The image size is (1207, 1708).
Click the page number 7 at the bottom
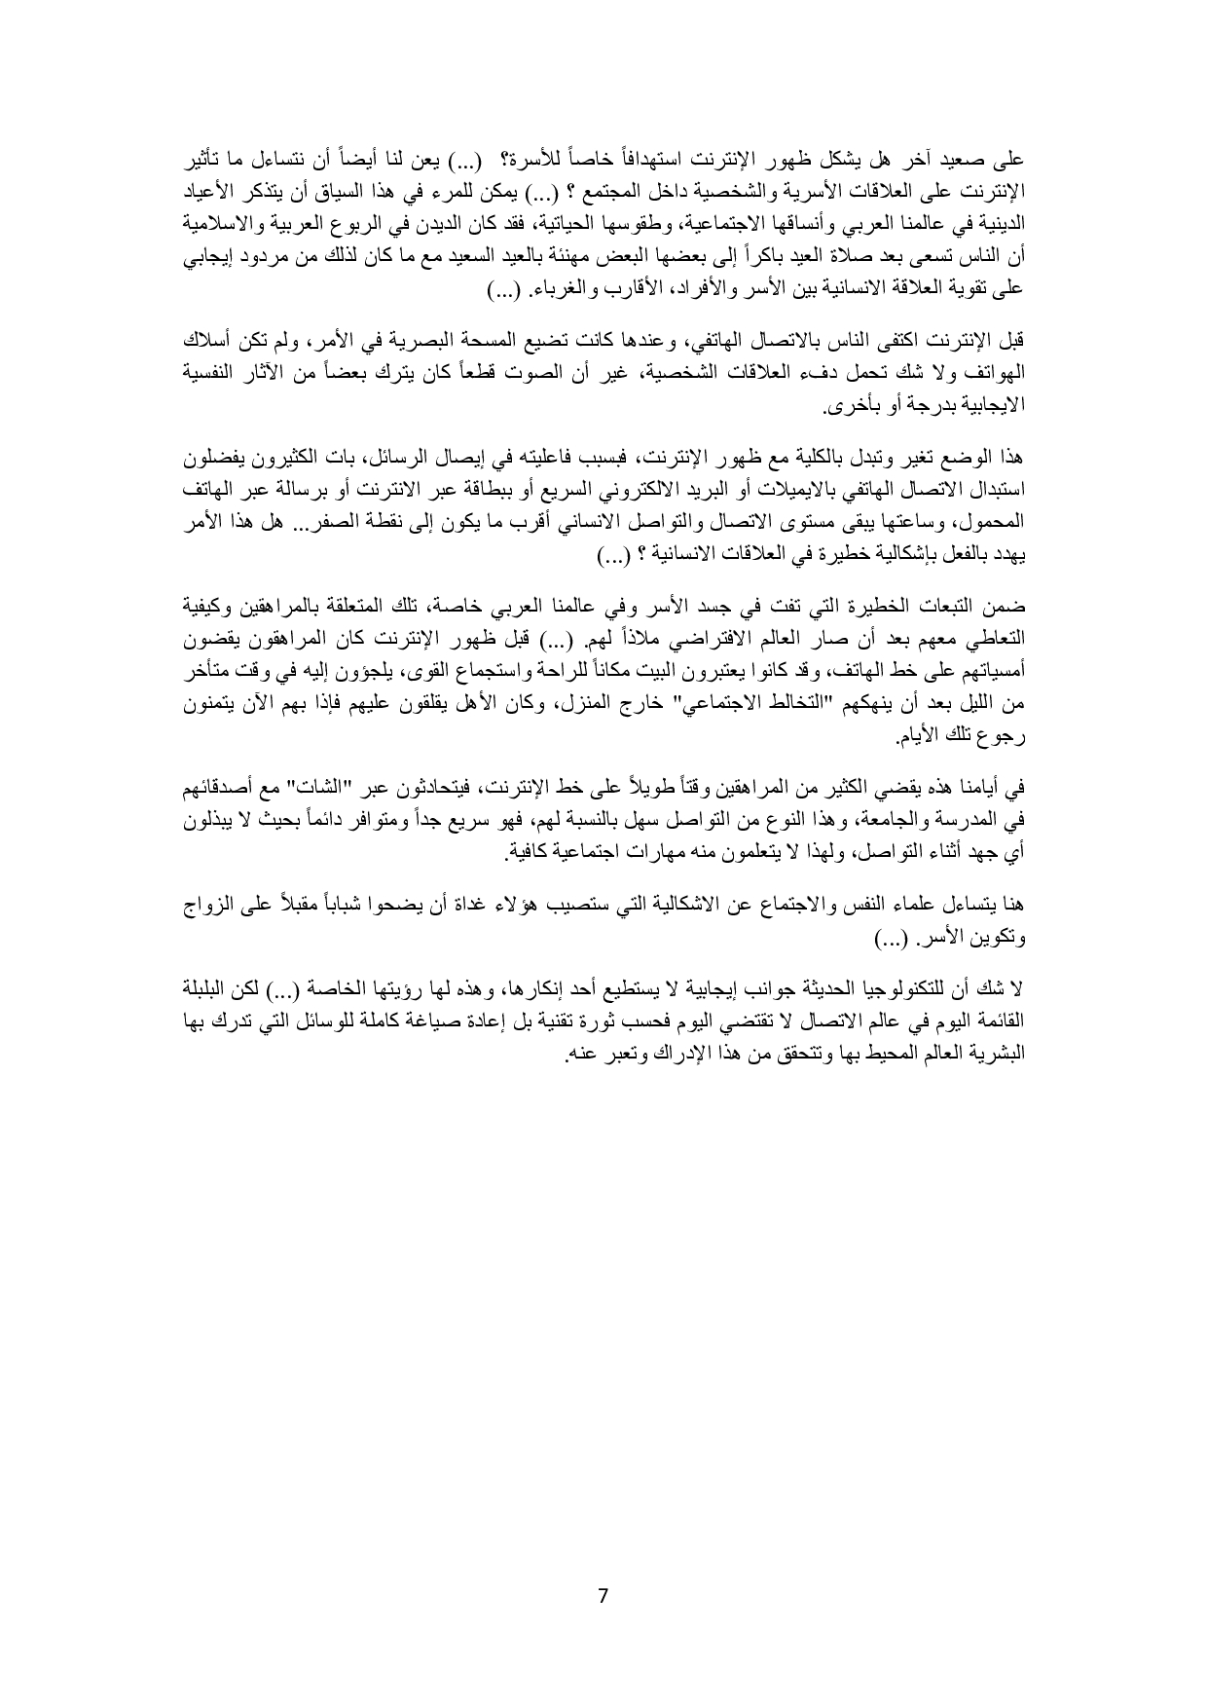pyautogui.click(x=603, y=1597)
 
